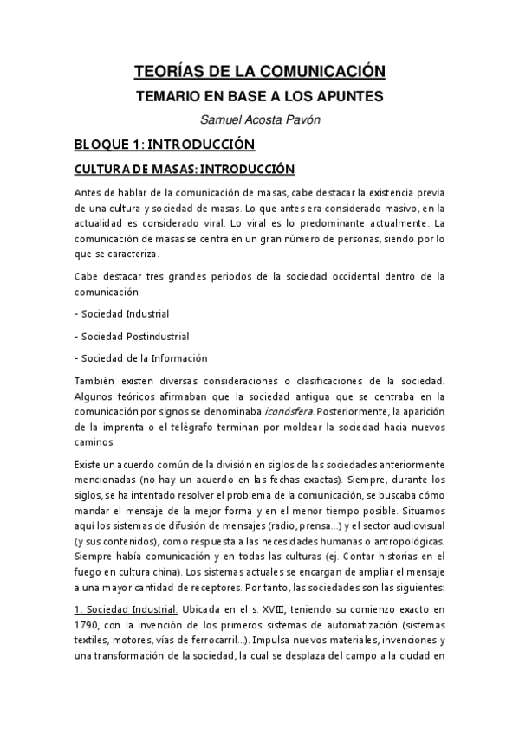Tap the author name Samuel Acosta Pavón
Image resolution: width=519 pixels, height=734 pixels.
(x=259, y=119)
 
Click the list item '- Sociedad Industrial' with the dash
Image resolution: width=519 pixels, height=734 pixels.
(x=120, y=313)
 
